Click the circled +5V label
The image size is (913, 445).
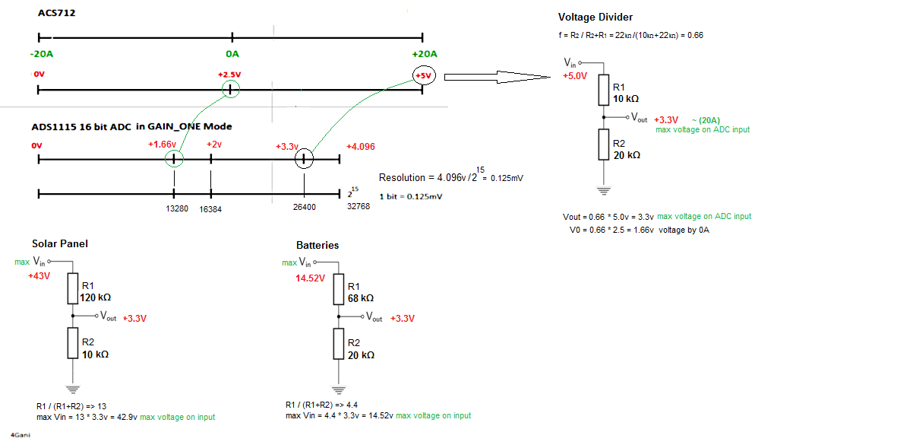point(423,75)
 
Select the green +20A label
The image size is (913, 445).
point(423,54)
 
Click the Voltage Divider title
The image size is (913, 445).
point(595,17)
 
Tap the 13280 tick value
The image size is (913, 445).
point(176,208)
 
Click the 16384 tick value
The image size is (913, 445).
point(210,208)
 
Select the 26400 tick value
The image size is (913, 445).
point(304,207)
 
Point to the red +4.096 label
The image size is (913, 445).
point(360,147)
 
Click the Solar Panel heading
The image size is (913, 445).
point(60,243)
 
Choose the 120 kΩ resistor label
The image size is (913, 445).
point(95,297)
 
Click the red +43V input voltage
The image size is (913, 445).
point(39,276)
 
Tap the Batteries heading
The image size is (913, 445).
point(317,245)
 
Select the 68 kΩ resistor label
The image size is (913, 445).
point(360,297)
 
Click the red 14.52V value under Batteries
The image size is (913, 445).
point(310,278)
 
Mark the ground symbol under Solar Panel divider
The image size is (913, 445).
point(72,386)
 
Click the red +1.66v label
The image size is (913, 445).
point(162,144)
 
